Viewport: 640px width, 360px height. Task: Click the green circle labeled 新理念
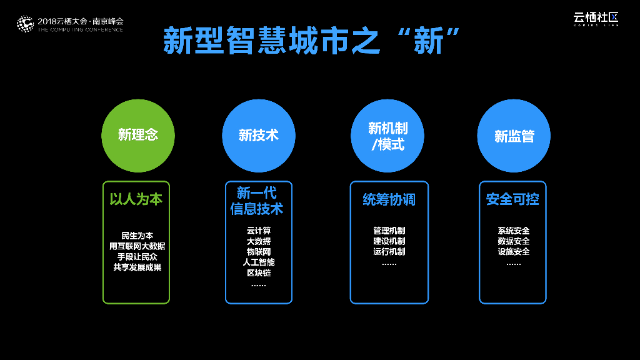point(138,135)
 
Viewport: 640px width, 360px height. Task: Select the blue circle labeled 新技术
point(258,135)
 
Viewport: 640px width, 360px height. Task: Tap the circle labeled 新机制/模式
point(388,135)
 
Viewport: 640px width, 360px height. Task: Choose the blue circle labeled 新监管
point(514,135)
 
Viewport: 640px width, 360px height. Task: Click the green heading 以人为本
point(136,199)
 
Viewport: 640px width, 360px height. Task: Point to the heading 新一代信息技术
point(257,201)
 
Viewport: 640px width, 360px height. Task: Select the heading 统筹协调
point(389,199)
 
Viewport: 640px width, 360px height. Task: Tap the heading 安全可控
point(512,199)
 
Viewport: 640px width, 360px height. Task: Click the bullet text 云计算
point(259,231)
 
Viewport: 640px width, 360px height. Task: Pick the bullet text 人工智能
point(259,262)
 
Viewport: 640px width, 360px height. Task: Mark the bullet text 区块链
point(259,273)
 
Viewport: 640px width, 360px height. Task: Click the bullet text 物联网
point(259,252)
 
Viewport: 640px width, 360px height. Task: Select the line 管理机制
point(389,231)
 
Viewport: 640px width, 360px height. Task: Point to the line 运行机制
point(389,252)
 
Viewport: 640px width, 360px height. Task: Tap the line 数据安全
point(514,241)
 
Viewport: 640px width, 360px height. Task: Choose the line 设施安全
point(514,252)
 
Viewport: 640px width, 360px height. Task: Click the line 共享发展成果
point(137,267)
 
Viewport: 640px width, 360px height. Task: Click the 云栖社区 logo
point(596,19)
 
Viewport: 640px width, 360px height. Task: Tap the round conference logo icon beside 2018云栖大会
point(24,24)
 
